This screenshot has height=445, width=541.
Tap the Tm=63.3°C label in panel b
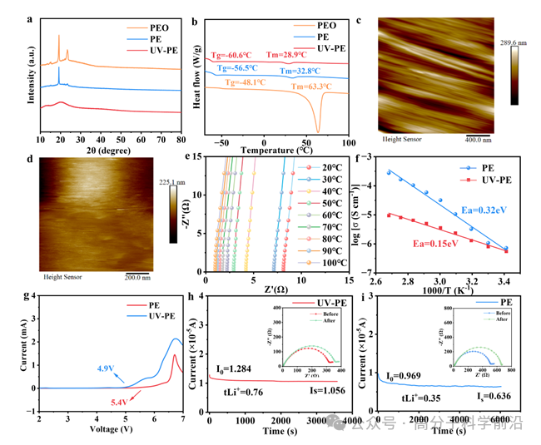click(x=312, y=86)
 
